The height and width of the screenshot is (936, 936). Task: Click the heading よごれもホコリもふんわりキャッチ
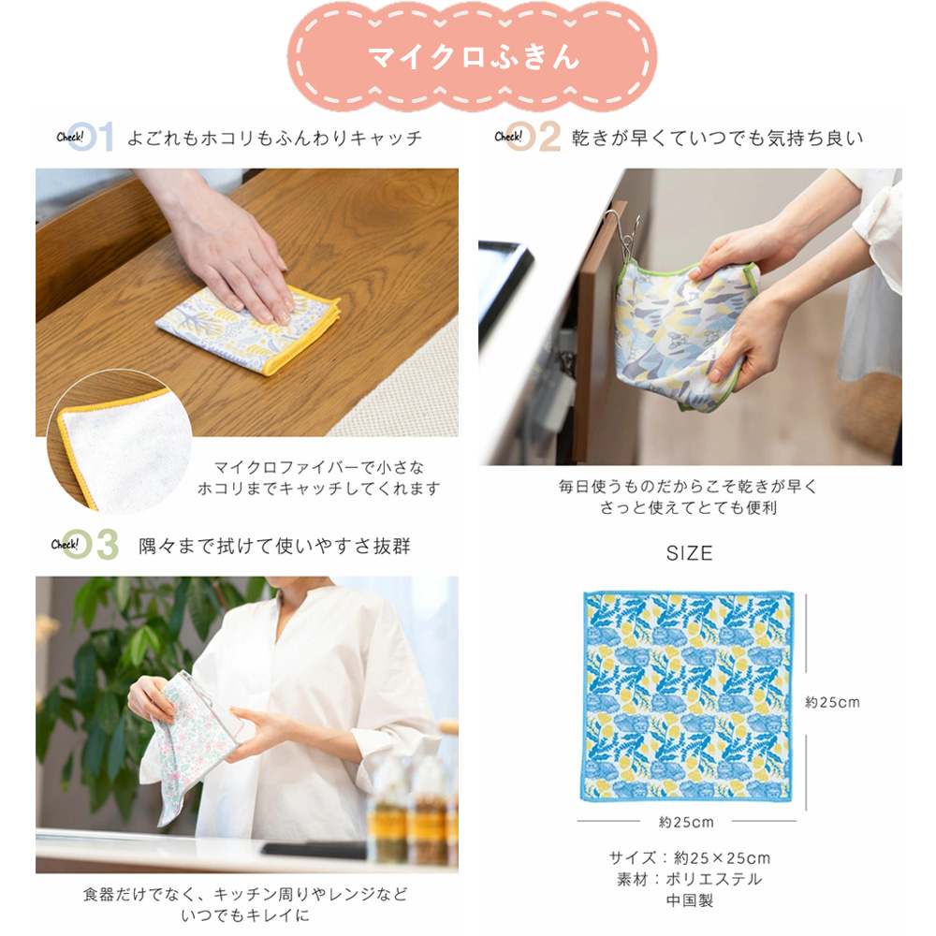point(274,139)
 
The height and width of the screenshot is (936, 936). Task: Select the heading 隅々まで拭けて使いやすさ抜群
point(274,545)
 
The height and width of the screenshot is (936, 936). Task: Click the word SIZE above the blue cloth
point(689,553)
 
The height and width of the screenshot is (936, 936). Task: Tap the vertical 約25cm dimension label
point(832,701)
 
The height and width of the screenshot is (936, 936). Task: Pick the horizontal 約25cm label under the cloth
point(686,822)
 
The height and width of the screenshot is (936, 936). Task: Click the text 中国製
point(688,900)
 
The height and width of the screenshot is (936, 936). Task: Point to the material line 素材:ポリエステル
point(688,879)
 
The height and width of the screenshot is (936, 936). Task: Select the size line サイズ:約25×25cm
point(688,857)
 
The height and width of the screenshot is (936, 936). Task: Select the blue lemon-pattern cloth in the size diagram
point(688,697)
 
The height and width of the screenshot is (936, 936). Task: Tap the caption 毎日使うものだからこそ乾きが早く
point(688,487)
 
